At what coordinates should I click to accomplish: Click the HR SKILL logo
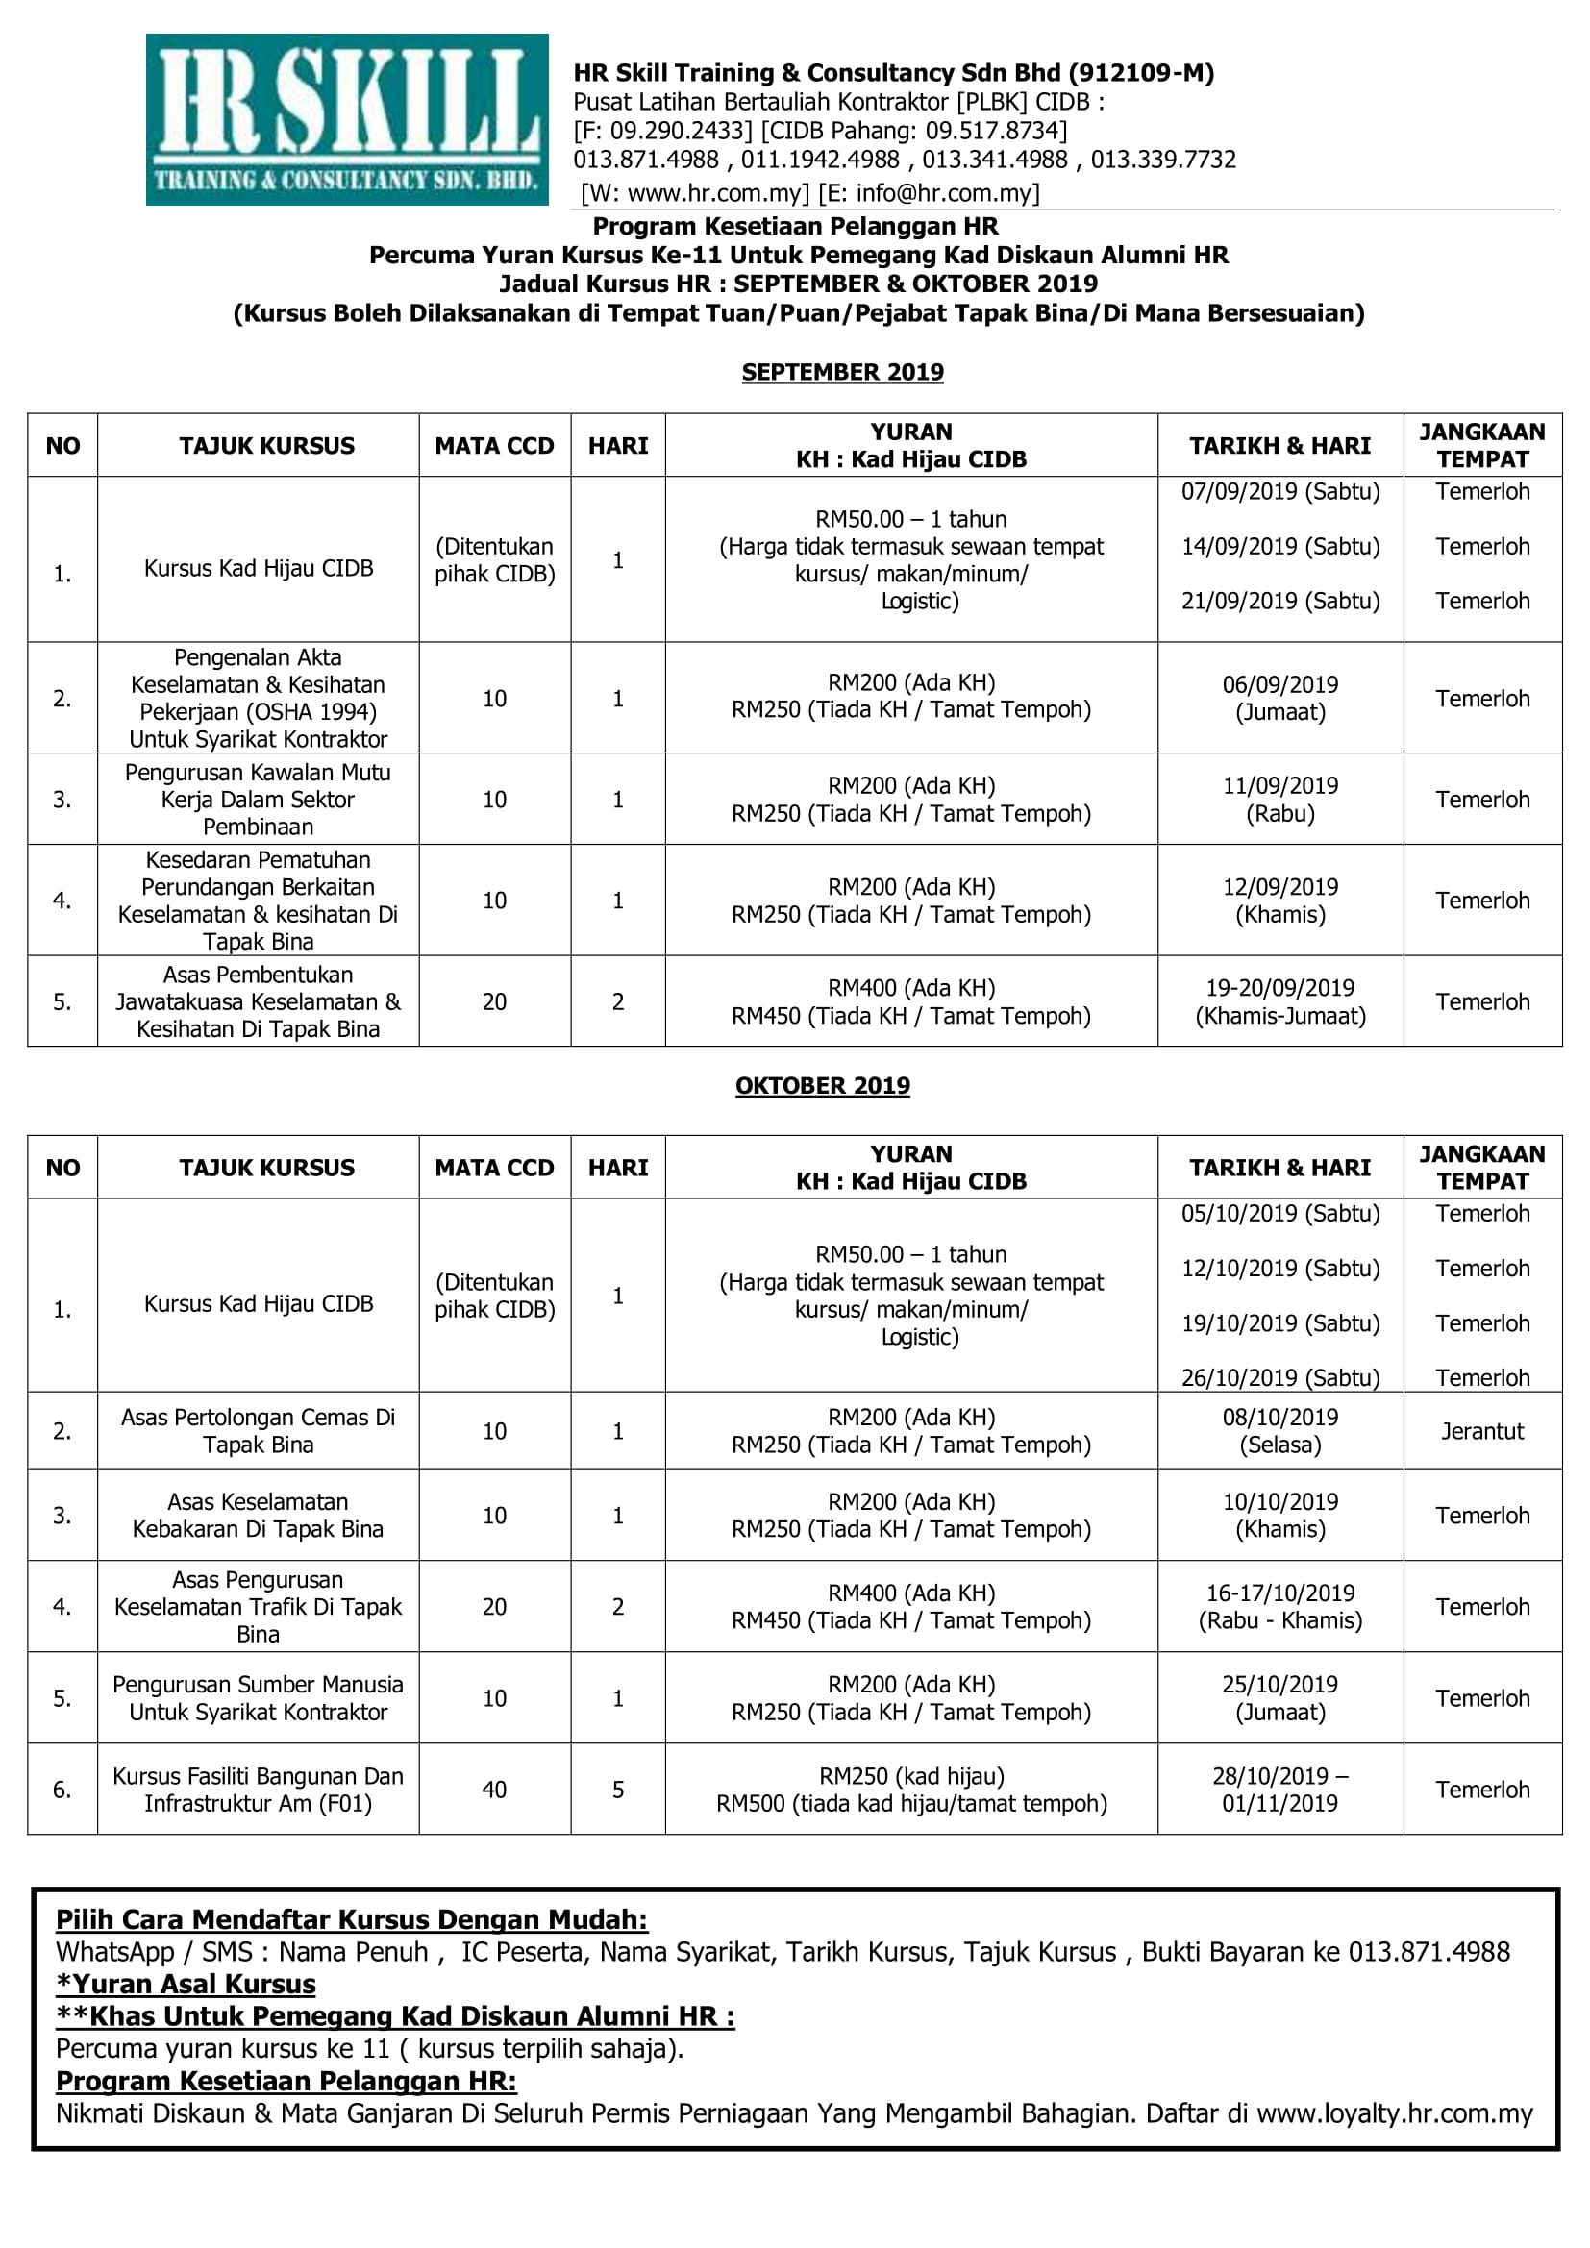tap(347, 119)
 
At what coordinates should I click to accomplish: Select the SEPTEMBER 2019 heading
tap(842, 372)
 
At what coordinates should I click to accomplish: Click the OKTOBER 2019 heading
tap(823, 1086)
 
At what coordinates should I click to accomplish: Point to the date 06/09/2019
tap(1279, 684)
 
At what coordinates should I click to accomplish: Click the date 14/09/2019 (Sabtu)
tap(1279, 546)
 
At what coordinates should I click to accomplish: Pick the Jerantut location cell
tap(1481, 1431)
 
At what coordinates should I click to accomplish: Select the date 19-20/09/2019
tap(1279, 988)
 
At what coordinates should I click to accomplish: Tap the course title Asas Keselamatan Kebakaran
tap(258, 1515)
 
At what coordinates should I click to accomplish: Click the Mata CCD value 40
tap(494, 1790)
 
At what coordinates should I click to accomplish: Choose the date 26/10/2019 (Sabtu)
tap(1279, 1377)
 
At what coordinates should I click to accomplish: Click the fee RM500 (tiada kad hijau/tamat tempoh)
tap(910, 1803)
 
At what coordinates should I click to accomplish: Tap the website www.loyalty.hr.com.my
tap(1394, 2113)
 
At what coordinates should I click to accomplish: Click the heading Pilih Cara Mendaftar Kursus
tap(352, 1920)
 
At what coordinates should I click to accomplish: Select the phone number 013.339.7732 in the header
tap(1163, 160)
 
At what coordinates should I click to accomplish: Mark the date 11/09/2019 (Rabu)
tap(1279, 799)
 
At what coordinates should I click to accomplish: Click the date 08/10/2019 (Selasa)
tap(1279, 1430)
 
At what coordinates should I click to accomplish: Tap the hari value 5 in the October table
tap(618, 1790)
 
